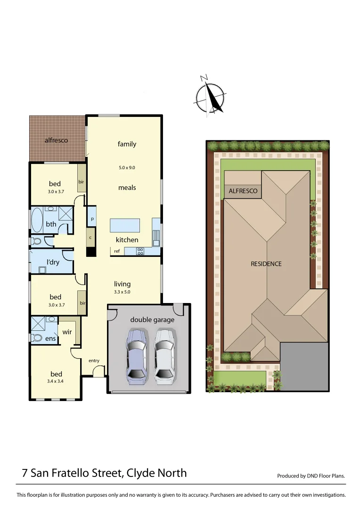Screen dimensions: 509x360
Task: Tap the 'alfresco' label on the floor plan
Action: click(x=56, y=140)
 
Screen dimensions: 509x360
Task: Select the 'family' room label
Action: click(x=127, y=144)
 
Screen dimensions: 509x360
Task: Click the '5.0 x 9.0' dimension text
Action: click(x=127, y=167)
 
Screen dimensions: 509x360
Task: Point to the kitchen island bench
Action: click(x=125, y=225)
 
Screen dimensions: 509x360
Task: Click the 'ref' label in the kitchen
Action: click(x=117, y=251)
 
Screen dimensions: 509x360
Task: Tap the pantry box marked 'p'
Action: click(x=92, y=219)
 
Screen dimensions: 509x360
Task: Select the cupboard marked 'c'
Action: click(x=90, y=238)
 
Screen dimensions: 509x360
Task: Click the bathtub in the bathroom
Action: click(x=37, y=221)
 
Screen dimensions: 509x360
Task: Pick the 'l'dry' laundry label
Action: click(x=53, y=262)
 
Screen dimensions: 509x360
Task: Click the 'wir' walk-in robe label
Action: click(x=67, y=332)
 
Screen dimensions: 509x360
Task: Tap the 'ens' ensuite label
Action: click(x=50, y=338)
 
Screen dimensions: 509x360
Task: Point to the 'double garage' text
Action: click(x=152, y=320)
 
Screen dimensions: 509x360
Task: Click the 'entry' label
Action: click(x=94, y=361)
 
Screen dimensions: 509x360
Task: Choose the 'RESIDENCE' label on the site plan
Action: click(x=266, y=263)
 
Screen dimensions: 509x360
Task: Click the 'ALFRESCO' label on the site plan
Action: click(x=243, y=191)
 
